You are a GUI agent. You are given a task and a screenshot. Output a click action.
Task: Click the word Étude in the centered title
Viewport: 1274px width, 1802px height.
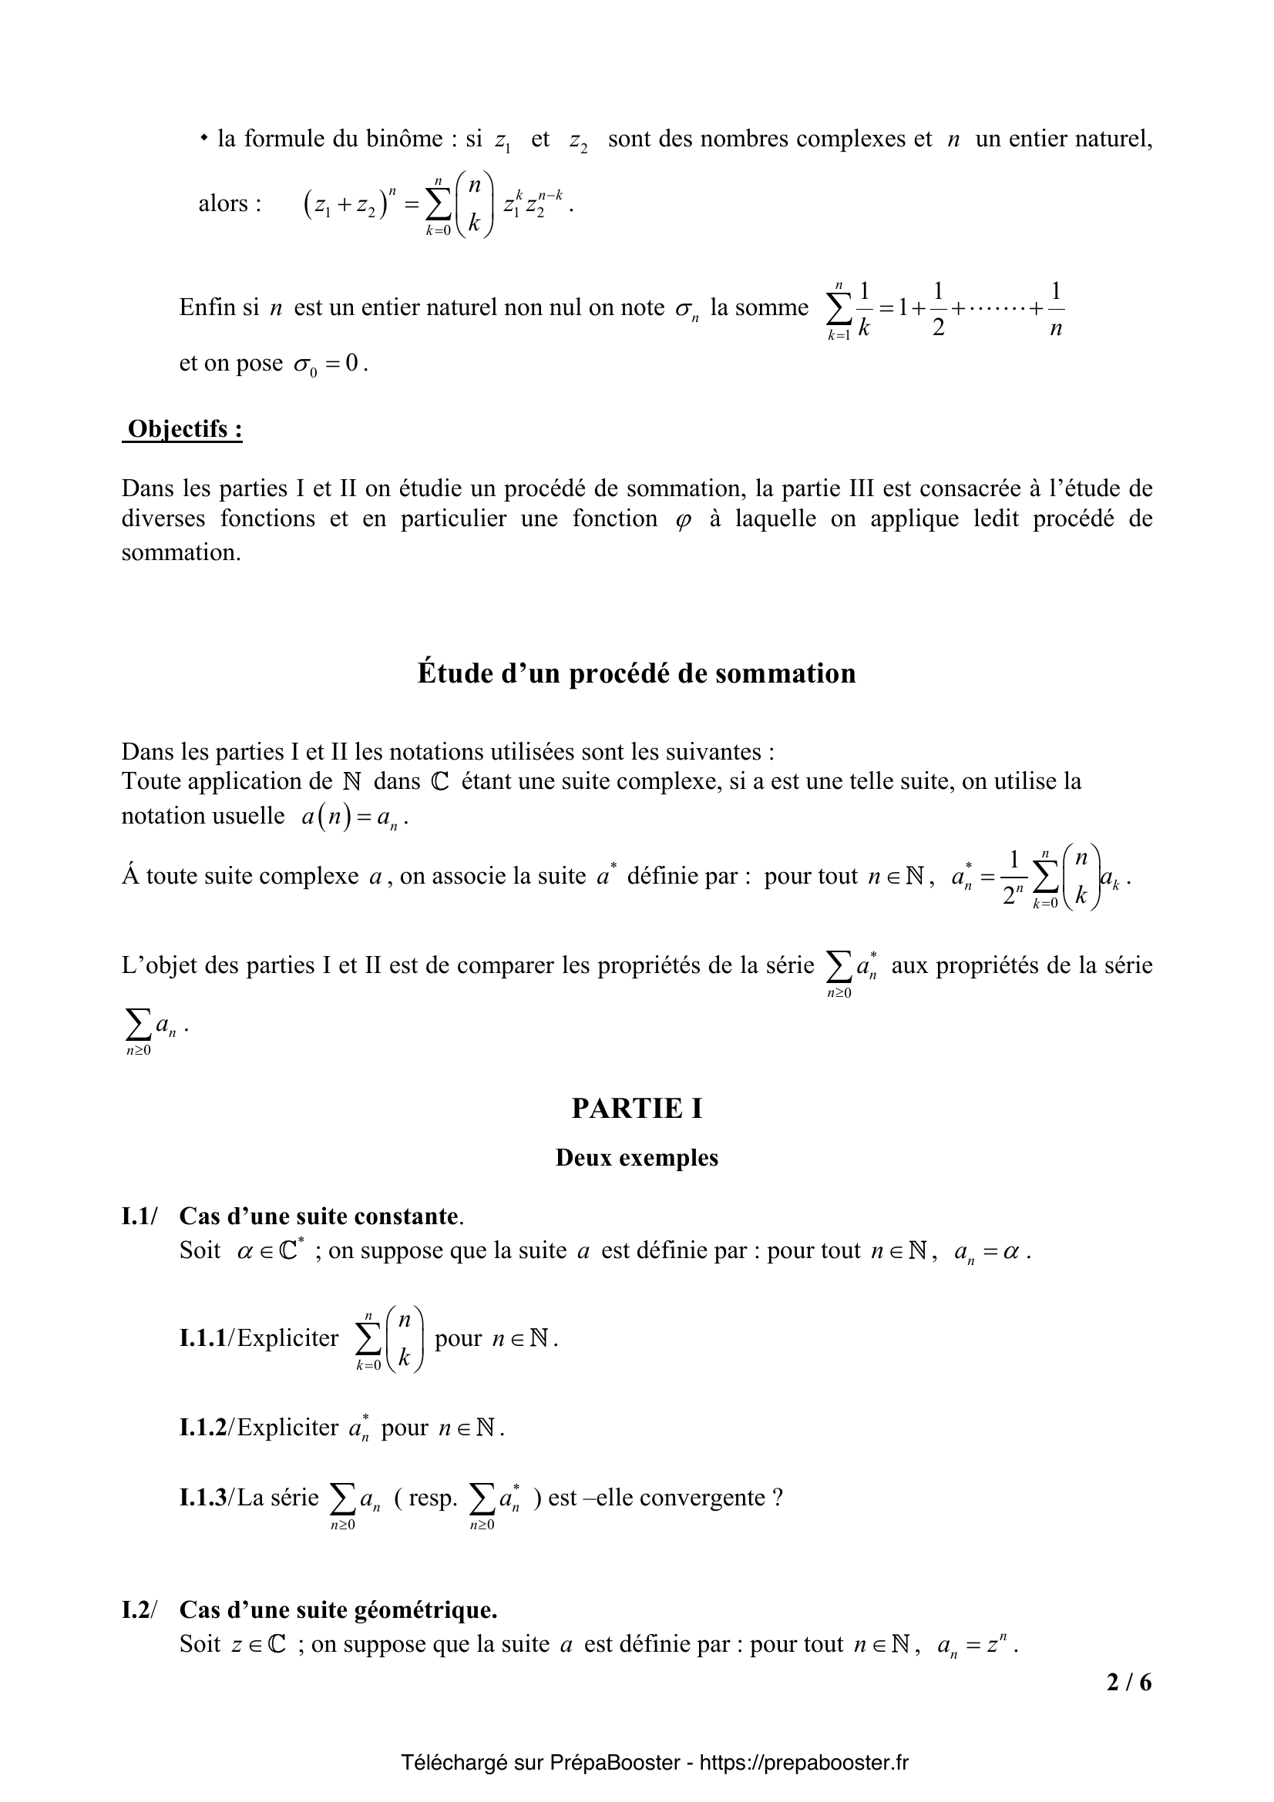coord(451,673)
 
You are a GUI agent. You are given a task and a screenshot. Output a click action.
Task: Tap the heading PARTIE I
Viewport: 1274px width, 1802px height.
coord(637,1107)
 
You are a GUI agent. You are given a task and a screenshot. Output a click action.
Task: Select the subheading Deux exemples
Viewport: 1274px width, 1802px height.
coord(637,1158)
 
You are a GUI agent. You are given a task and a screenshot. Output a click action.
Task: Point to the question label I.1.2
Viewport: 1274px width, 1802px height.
coord(203,1427)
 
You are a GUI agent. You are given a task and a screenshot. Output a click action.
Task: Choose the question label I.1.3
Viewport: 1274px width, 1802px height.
coord(203,1498)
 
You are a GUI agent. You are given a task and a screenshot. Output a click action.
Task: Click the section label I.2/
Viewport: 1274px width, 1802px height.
coord(139,1609)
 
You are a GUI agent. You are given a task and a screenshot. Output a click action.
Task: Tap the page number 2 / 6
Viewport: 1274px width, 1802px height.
coord(1129,1683)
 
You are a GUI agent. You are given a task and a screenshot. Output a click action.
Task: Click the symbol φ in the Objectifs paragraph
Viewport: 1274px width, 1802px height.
coord(684,520)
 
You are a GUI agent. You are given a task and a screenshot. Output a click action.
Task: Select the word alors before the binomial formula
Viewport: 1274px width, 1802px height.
coord(224,203)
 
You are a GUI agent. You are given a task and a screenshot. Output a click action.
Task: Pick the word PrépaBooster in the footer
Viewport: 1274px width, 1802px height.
coord(614,1762)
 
